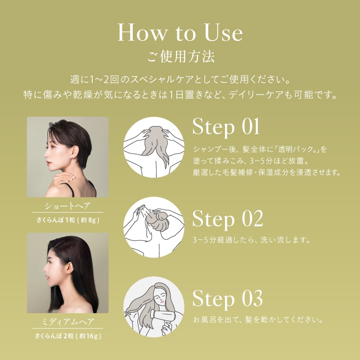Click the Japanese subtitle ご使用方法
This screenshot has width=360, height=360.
(x=180, y=58)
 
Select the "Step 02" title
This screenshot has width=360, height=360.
(x=227, y=219)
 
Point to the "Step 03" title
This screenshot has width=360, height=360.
(x=227, y=299)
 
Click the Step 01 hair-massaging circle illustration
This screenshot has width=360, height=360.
(x=154, y=147)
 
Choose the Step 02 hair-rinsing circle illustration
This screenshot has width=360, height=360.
(x=154, y=227)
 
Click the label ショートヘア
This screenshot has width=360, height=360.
(x=67, y=207)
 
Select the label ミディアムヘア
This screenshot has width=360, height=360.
(x=67, y=322)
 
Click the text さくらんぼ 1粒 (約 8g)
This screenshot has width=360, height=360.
(x=67, y=220)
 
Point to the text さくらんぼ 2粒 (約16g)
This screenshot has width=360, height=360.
(x=67, y=336)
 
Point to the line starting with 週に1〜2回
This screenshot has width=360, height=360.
(x=180, y=80)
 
